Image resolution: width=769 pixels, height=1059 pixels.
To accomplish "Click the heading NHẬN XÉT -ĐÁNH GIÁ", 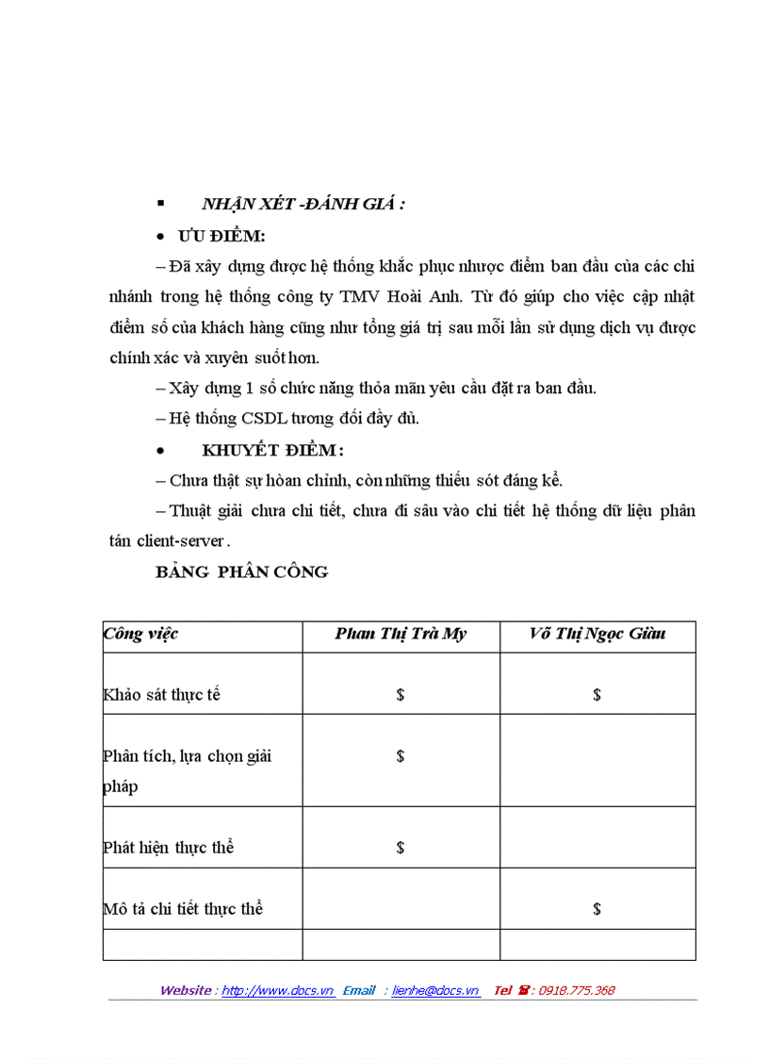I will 303,204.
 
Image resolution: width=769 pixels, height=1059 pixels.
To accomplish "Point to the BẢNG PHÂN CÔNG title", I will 242,571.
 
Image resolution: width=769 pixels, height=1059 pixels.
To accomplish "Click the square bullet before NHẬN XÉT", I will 160,204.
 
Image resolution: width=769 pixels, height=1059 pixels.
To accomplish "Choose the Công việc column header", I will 140,634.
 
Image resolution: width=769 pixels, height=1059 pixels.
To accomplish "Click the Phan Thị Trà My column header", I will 401,634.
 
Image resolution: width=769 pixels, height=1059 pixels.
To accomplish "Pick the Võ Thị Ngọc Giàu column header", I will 597,634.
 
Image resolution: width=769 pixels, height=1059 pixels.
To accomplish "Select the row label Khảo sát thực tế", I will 161,695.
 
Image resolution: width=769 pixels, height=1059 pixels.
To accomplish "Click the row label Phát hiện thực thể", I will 168,848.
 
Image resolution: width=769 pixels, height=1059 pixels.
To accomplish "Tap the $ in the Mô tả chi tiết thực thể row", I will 597,909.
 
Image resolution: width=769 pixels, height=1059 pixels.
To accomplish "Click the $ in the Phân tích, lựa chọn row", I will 401,756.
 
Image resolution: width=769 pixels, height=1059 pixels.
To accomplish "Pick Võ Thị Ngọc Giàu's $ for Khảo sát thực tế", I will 597,695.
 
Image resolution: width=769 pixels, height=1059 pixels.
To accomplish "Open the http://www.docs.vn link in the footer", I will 278,990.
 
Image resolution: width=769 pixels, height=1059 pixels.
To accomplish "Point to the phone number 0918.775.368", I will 576,990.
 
